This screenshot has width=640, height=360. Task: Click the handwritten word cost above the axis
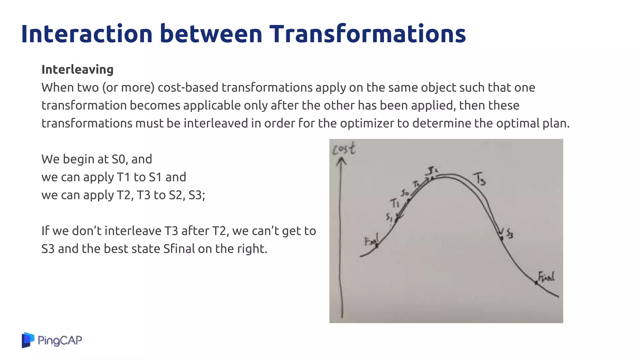click(x=344, y=148)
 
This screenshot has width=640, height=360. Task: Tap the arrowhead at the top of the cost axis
click(x=341, y=161)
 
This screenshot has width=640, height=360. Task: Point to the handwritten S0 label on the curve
click(x=405, y=193)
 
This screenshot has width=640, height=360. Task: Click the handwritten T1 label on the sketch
click(x=394, y=203)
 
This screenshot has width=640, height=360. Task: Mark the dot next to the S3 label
click(x=502, y=238)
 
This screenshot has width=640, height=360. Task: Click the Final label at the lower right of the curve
click(x=546, y=277)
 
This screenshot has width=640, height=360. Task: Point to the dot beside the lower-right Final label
click(x=536, y=283)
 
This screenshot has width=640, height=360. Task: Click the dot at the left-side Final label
click(x=377, y=246)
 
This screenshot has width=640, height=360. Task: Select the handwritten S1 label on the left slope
click(x=389, y=217)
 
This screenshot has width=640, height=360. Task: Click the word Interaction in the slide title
click(x=87, y=34)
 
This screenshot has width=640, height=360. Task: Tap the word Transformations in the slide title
click(x=367, y=34)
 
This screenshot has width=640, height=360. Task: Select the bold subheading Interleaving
click(x=77, y=70)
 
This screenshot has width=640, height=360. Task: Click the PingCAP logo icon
click(x=28, y=340)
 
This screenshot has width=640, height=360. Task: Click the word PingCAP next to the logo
click(x=60, y=340)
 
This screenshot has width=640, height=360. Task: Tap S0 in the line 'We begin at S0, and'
click(x=118, y=159)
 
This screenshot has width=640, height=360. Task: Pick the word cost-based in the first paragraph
click(x=188, y=87)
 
